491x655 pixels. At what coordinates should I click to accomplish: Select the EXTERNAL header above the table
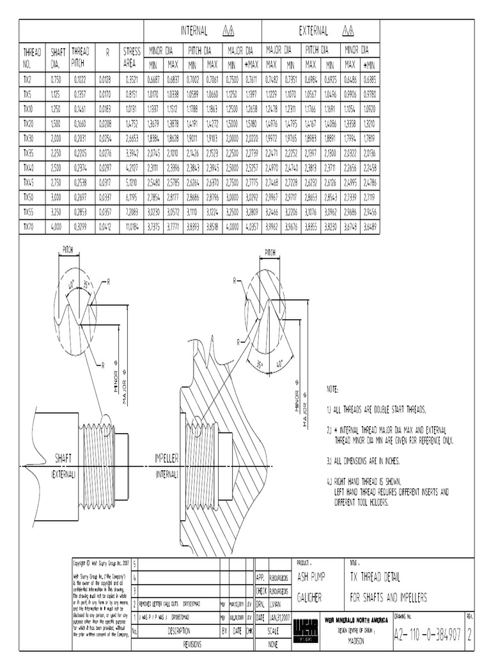coord(313,30)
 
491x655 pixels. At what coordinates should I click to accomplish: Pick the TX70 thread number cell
coord(28,226)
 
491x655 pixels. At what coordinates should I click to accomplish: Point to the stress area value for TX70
coord(131,226)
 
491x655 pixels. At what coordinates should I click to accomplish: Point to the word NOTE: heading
coord(332,389)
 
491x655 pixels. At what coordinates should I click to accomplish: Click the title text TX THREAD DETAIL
coord(375,577)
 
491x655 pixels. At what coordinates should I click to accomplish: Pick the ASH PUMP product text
coord(311,577)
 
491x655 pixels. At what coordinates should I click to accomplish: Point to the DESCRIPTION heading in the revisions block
coord(175,629)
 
